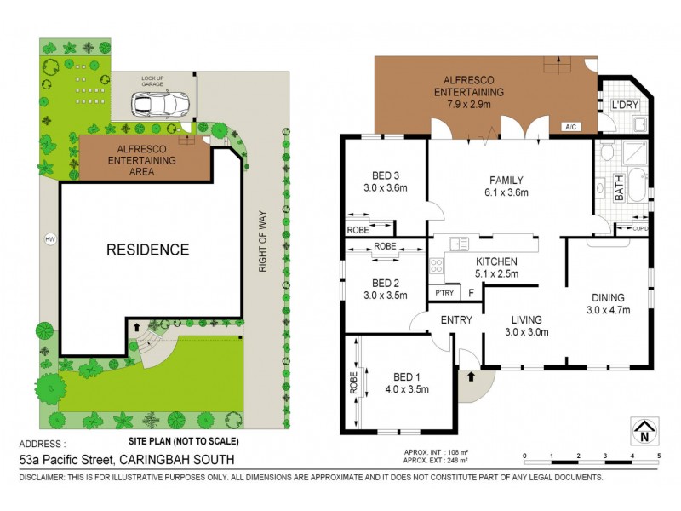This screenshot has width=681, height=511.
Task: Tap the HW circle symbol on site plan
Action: coord(49,238)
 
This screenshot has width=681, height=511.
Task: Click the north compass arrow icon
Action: coord(644,430)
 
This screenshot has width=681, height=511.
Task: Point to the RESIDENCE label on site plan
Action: coord(147,250)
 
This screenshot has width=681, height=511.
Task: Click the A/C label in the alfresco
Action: coord(570,128)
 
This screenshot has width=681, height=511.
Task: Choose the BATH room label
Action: coord(619,188)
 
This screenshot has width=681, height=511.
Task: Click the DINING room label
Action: coord(609,297)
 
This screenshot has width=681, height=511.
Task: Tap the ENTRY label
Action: coord(456,319)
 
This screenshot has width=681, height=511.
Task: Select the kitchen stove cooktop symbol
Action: coord(437,266)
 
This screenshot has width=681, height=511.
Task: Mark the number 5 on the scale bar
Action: coord(658,456)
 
